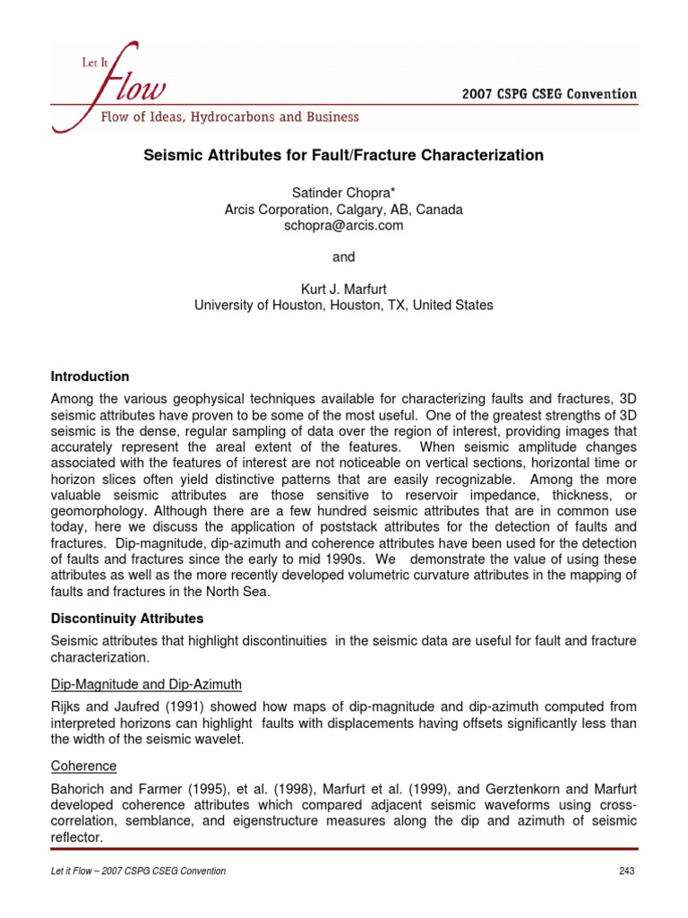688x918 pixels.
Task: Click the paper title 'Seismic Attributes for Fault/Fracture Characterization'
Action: point(344,155)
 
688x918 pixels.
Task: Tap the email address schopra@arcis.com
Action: point(343,226)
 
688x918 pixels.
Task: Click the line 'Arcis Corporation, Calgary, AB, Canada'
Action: point(343,210)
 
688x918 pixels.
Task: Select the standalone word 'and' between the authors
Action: point(343,257)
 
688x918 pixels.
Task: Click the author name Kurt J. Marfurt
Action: point(343,289)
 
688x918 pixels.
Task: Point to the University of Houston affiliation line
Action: point(343,305)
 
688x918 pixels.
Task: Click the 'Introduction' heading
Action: point(90,377)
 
